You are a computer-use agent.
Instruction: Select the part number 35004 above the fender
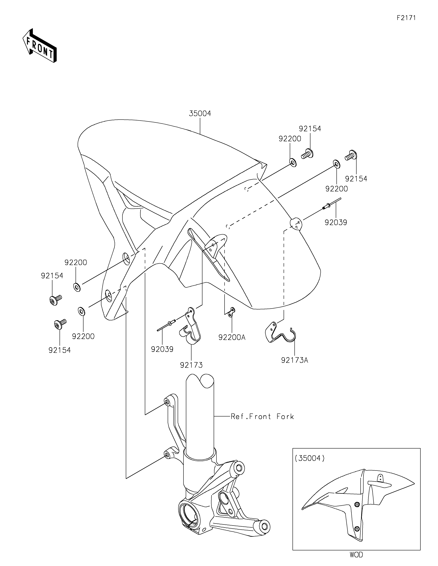pos(200,114)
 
